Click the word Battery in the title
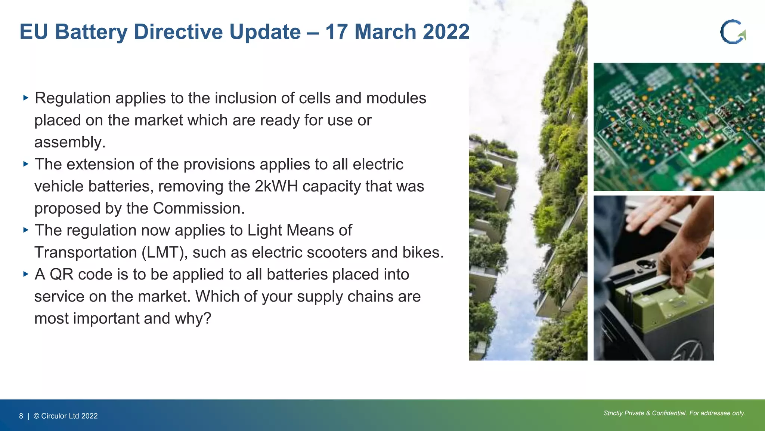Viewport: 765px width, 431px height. (91, 32)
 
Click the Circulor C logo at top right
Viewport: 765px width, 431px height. (733, 32)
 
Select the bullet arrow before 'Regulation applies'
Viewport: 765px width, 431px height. (26, 98)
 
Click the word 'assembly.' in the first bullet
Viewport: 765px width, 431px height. (70, 143)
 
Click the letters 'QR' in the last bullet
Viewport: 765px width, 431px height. (61, 275)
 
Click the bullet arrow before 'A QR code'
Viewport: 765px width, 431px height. (26, 274)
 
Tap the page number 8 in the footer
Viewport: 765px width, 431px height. (21, 416)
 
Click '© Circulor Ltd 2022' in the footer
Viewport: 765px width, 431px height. (65, 416)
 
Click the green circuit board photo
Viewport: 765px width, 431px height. (679, 127)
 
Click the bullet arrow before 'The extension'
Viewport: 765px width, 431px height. (26, 164)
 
